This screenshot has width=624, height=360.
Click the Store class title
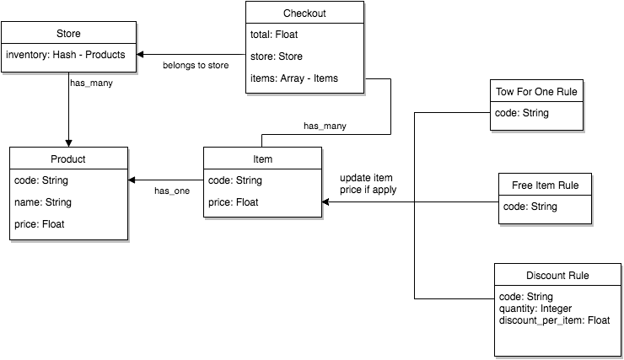click(x=68, y=34)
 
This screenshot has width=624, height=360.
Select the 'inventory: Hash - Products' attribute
click(x=65, y=55)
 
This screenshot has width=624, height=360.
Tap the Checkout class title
click(x=304, y=13)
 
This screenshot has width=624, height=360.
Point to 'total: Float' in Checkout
click(x=274, y=35)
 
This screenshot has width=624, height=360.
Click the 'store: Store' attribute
click(x=277, y=57)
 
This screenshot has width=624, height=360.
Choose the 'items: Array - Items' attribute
click(x=294, y=80)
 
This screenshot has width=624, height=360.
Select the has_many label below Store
click(x=91, y=84)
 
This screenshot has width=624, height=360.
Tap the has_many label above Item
click(x=325, y=126)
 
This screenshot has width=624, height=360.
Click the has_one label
click(x=172, y=191)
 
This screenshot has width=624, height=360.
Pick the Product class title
click(x=68, y=159)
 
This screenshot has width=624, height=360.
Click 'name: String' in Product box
click(x=43, y=202)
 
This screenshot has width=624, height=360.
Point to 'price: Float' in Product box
click(x=39, y=224)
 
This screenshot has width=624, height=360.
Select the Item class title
click(x=262, y=159)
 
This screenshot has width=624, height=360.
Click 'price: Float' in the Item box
click(x=233, y=202)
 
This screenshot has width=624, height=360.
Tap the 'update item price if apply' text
click(x=368, y=184)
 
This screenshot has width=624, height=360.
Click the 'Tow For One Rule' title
click(x=536, y=91)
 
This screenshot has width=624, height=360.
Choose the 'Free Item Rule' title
click(x=545, y=185)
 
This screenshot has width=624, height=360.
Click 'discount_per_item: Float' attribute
click(x=554, y=320)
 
